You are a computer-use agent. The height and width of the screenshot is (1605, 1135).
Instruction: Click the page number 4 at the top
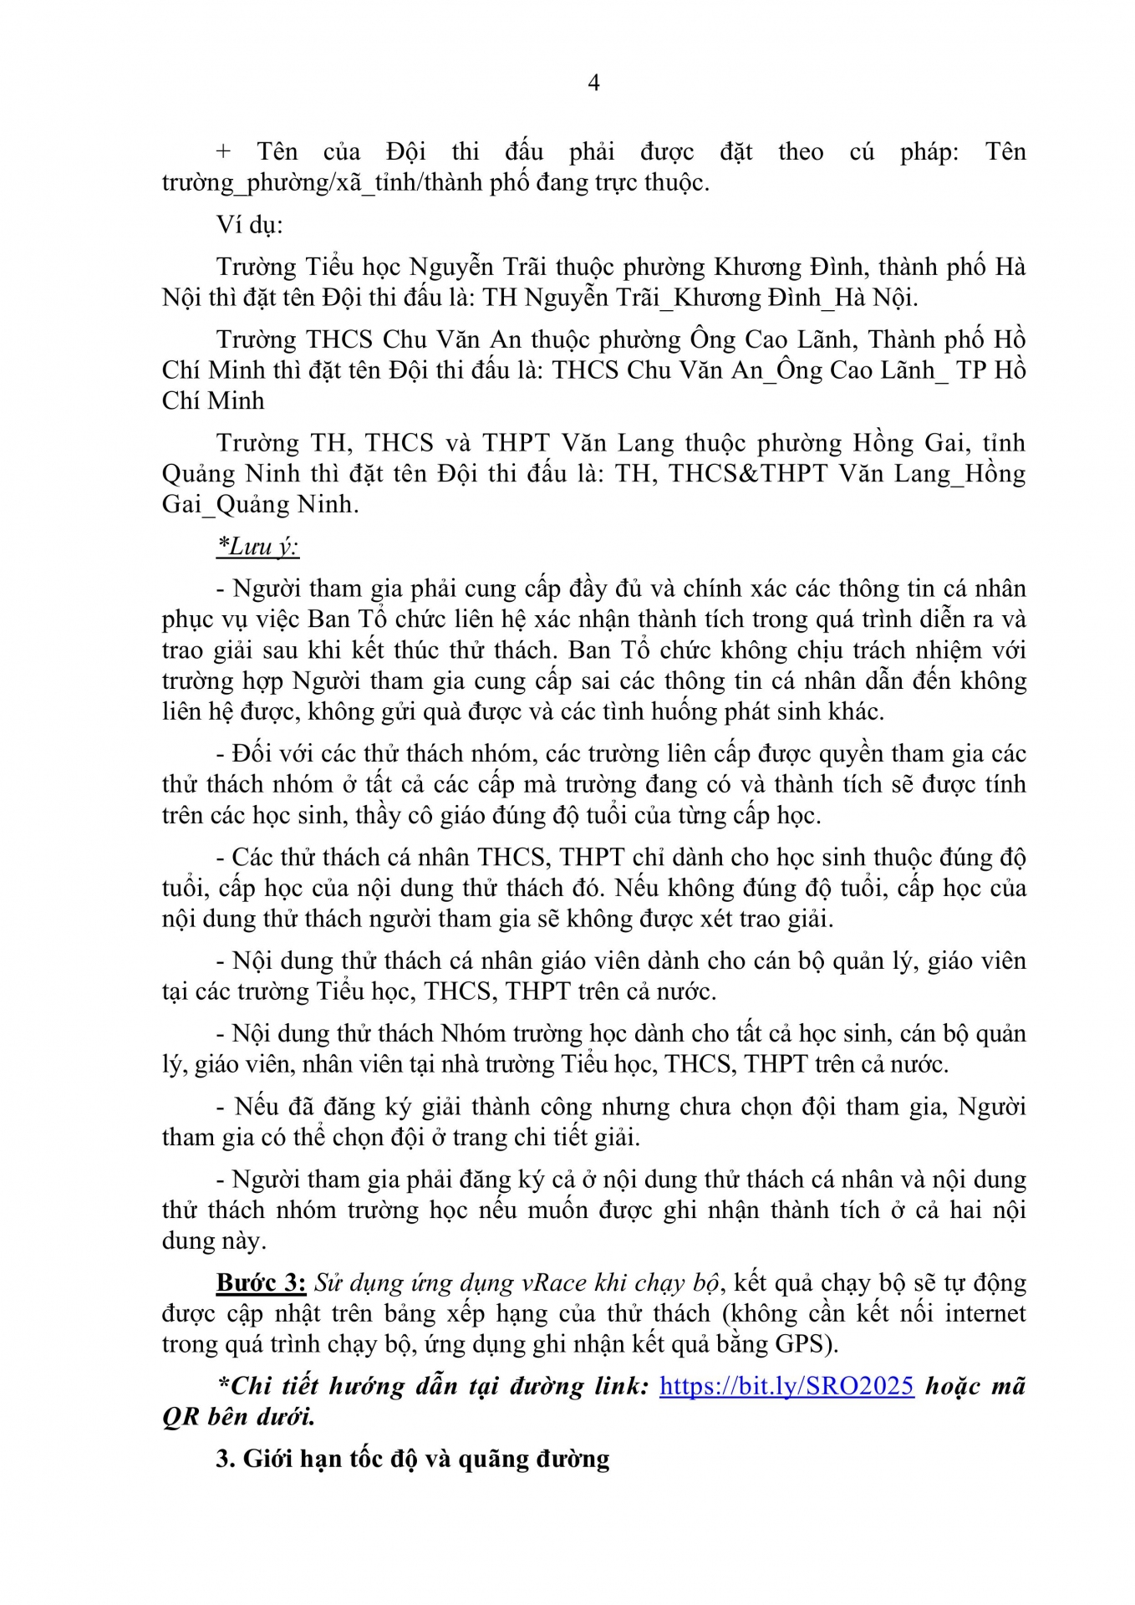593,83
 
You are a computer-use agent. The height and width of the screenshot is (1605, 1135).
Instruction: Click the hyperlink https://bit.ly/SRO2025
786,1386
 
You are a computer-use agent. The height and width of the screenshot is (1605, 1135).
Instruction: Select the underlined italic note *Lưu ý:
257,547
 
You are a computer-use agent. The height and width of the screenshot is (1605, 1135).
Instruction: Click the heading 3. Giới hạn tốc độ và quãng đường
413,1459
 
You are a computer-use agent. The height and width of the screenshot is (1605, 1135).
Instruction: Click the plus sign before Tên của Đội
222,152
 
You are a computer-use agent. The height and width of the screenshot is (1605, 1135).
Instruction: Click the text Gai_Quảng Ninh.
260,504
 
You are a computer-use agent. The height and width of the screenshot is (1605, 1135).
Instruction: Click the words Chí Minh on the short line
213,401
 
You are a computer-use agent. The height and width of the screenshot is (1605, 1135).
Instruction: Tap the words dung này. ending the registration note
214,1241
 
